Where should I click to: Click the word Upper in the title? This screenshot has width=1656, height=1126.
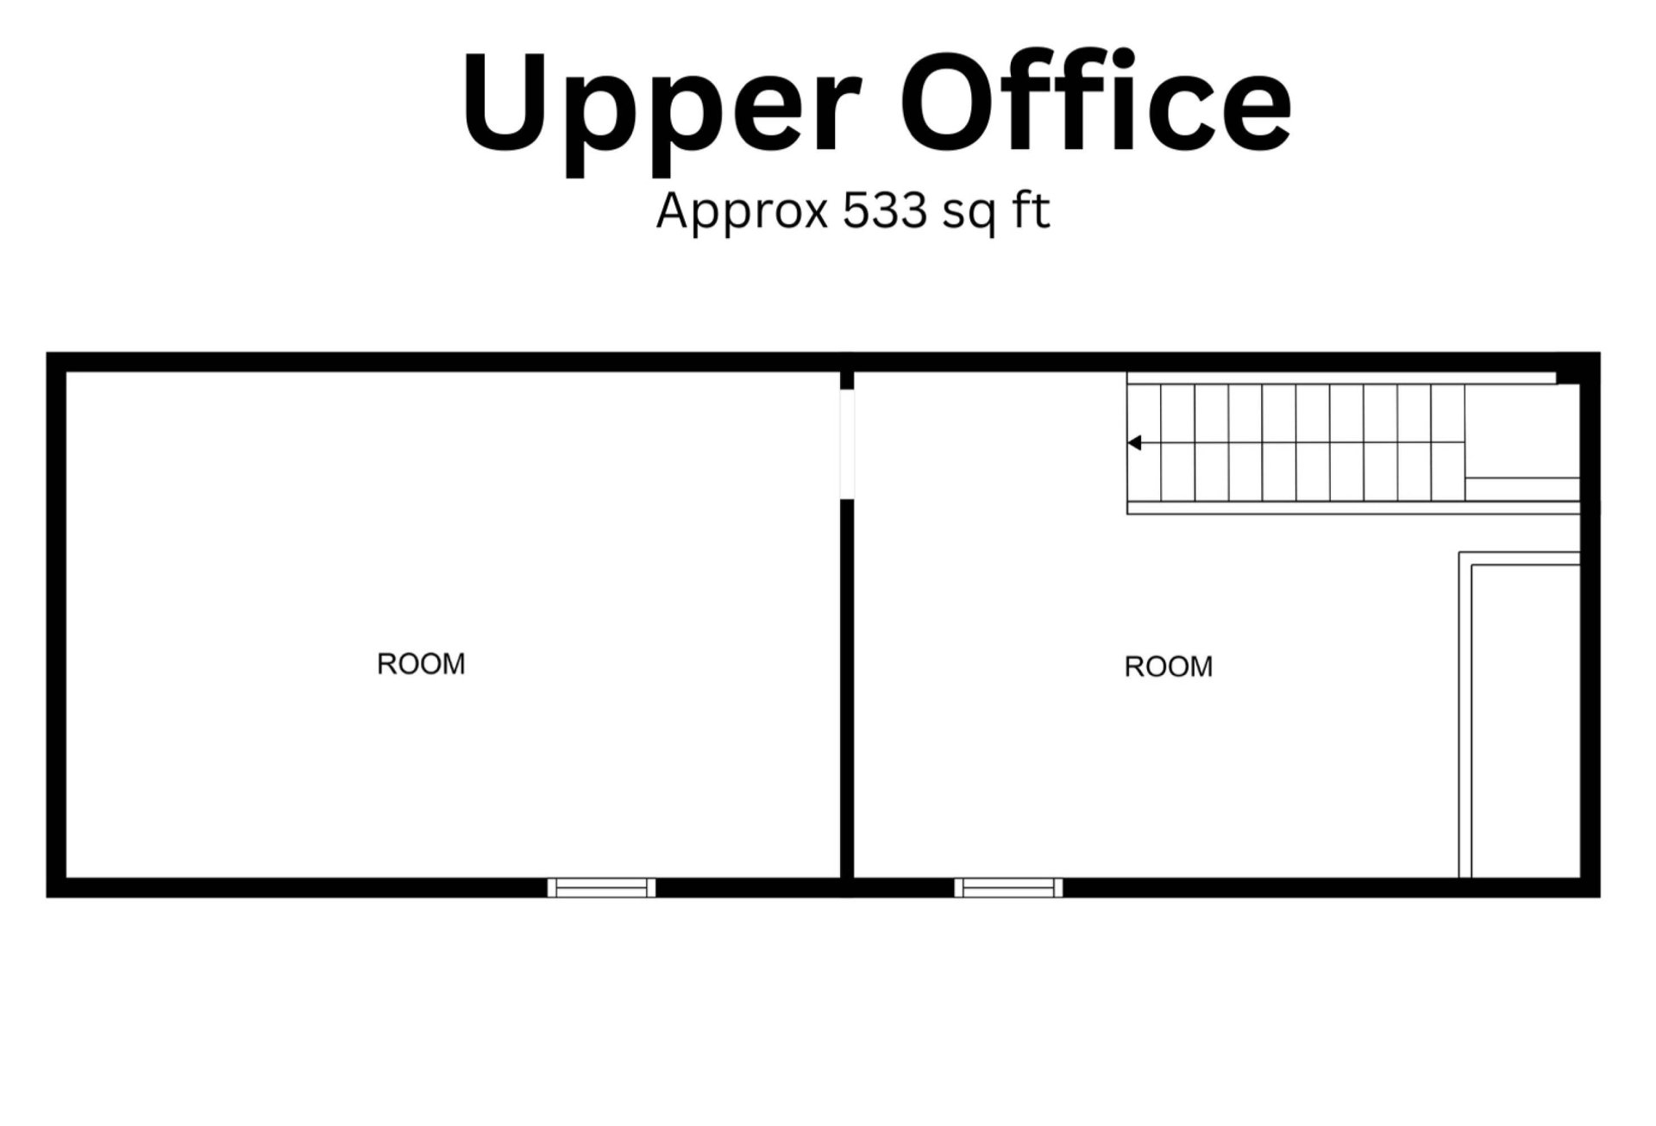(662, 112)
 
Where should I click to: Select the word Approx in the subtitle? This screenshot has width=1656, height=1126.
(742, 213)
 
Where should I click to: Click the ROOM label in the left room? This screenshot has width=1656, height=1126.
(421, 664)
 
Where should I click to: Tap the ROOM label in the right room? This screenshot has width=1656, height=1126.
(1169, 666)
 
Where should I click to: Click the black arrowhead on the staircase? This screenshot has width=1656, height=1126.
(1134, 443)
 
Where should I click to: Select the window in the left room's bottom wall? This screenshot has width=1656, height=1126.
(602, 887)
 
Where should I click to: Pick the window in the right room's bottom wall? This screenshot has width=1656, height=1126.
(1008, 887)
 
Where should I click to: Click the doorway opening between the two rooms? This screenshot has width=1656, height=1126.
(847, 444)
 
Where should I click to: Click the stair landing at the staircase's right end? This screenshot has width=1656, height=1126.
(1522, 442)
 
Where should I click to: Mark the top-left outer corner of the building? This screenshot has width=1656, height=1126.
(47, 353)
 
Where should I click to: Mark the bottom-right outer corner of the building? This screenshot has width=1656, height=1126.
(1600, 897)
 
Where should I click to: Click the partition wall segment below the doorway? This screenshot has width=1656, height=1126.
(847, 688)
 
